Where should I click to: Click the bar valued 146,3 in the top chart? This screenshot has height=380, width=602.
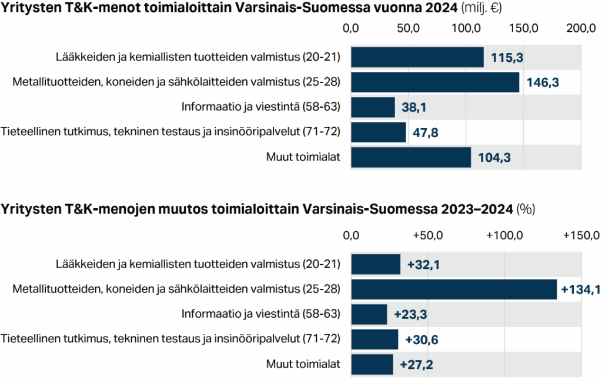(435, 82)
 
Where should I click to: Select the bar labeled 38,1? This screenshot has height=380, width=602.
(373, 108)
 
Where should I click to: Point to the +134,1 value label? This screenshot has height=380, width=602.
(580, 289)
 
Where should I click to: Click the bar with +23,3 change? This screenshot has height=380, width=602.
(369, 314)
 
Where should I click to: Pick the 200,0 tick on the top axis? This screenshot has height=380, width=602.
(580, 28)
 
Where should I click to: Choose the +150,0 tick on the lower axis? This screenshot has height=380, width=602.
(580, 236)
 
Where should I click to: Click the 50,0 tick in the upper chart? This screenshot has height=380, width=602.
(408, 28)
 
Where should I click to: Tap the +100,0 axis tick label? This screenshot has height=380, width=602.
(504, 236)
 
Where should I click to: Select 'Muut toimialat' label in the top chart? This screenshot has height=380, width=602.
(303, 157)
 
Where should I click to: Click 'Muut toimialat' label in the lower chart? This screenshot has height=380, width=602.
(303, 365)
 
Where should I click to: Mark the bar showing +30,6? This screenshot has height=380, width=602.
(374, 339)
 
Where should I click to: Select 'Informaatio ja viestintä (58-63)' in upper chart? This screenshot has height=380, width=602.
(261, 107)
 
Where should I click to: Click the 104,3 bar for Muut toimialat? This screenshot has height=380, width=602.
(411, 158)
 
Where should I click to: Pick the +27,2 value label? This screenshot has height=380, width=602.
(416, 365)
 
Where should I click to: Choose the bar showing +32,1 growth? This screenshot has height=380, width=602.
(376, 265)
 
